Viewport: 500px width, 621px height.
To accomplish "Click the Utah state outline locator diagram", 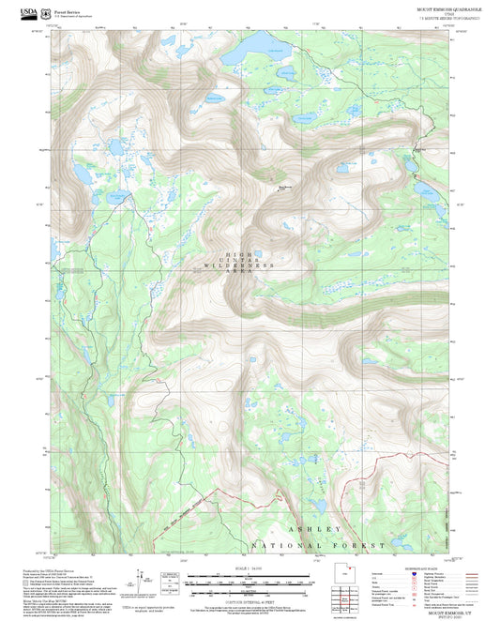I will (343, 573).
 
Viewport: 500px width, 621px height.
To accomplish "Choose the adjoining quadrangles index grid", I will (343, 597).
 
